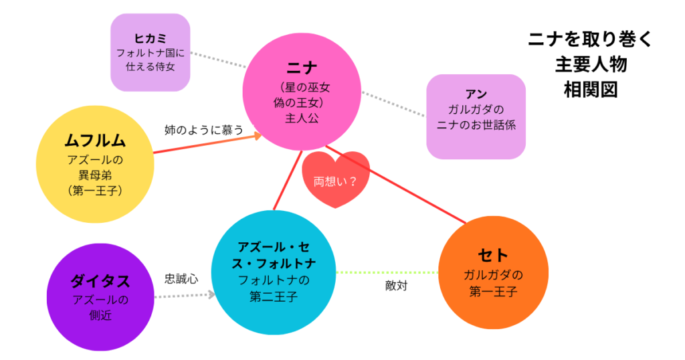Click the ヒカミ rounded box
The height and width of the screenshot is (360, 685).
coord(150,52)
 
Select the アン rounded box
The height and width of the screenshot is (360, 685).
coord(476,116)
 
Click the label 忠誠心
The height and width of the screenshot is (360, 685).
coord(181,279)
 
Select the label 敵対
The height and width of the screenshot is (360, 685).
coord(397,286)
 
